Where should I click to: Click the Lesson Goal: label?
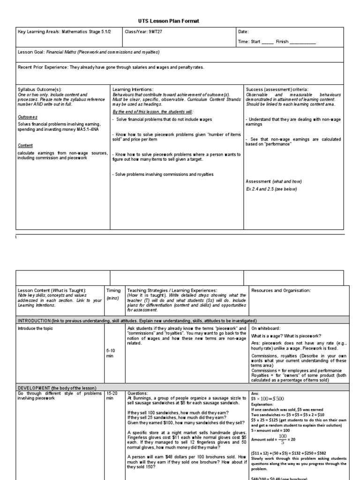(x=32, y=52)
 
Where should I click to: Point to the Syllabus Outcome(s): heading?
(x=40, y=89)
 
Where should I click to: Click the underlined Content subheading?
(x=25, y=146)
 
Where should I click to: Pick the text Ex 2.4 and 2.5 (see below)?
(x=272, y=189)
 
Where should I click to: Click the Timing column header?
(x=113, y=290)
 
